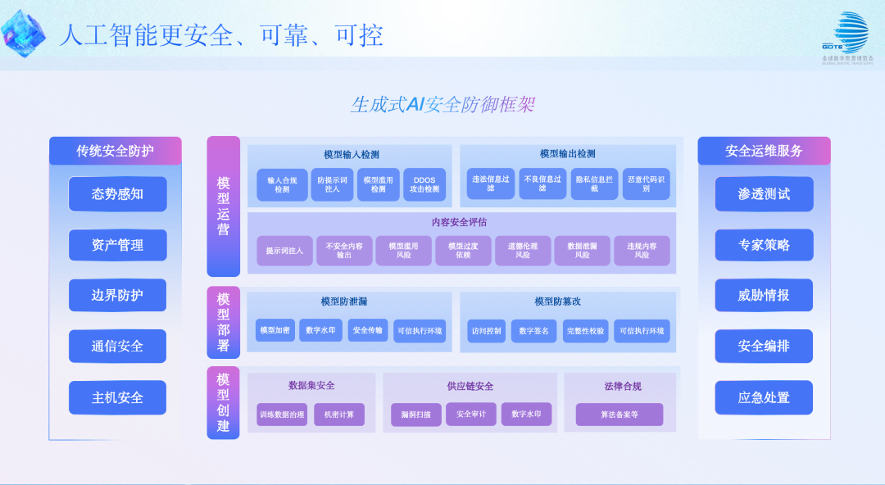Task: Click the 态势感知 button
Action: click(x=117, y=194)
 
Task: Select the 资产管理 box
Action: click(x=117, y=245)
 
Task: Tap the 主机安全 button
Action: click(x=117, y=397)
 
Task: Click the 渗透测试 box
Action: click(x=764, y=194)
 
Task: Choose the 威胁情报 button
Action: click(x=764, y=295)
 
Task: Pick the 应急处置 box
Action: click(x=764, y=397)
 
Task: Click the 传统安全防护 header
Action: click(x=116, y=151)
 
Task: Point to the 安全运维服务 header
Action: click(x=764, y=151)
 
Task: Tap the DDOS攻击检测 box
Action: click(x=424, y=184)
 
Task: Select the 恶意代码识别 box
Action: click(x=646, y=184)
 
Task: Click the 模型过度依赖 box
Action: click(x=463, y=251)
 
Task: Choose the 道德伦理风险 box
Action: click(x=523, y=251)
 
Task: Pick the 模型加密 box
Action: click(x=275, y=330)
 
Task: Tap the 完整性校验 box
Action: click(x=585, y=331)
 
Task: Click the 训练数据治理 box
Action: click(x=281, y=415)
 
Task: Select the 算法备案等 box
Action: click(x=619, y=415)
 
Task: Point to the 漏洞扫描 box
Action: click(x=415, y=415)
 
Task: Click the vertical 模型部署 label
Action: click(x=223, y=322)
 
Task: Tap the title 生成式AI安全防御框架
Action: click(x=442, y=104)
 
